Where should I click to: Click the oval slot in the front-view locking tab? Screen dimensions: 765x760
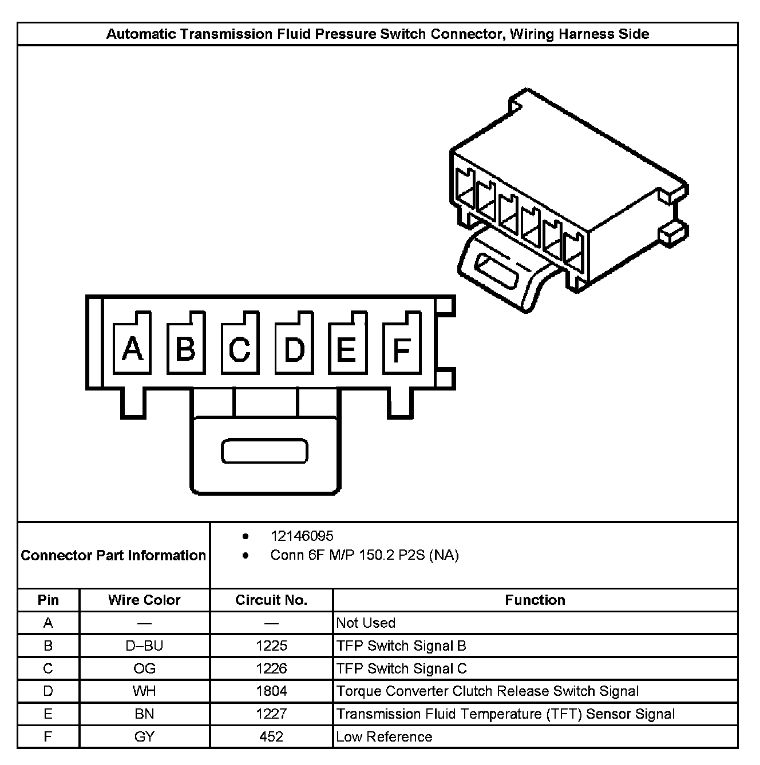[264, 451]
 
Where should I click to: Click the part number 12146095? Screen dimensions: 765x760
[302, 536]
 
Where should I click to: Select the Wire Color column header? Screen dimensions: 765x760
[144, 600]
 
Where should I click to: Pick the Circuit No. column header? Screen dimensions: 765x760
[271, 600]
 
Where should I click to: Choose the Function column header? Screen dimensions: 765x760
[535, 600]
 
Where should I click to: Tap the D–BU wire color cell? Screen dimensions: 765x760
[144, 646]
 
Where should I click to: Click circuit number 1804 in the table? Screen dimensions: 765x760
[271, 691]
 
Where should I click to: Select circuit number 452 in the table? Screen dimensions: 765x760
[271, 736]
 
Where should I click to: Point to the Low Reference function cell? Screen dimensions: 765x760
[384, 736]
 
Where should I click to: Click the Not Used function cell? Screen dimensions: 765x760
[366, 623]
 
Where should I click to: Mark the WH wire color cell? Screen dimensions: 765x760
[144, 691]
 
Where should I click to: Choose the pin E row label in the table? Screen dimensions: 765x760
[48, 714]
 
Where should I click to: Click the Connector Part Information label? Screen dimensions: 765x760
[113, 555]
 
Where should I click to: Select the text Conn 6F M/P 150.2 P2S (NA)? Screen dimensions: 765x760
[365, 555]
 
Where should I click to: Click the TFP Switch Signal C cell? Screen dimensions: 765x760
[401, 668]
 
